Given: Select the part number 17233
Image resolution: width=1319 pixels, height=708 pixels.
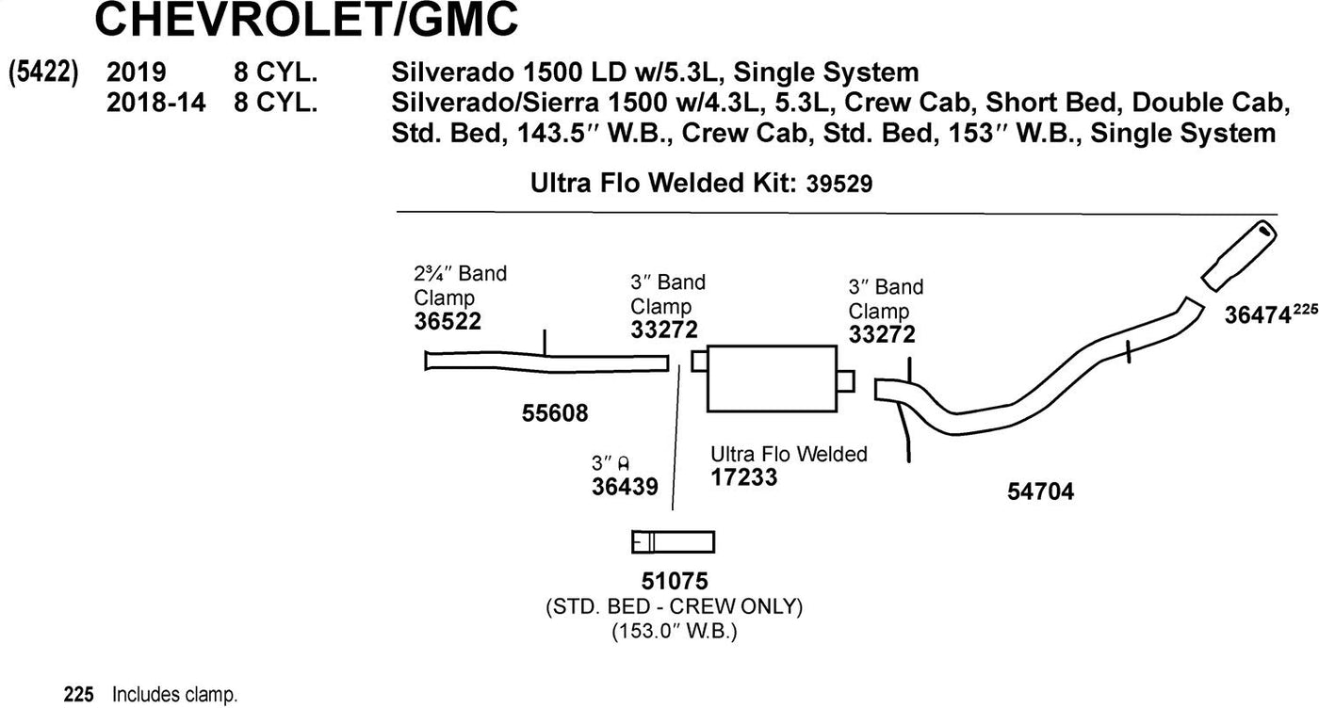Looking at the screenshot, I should click(744, 477).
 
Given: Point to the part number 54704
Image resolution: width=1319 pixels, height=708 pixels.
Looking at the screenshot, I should click(1040, 491).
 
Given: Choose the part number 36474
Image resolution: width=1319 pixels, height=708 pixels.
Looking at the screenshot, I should click(1257, 317).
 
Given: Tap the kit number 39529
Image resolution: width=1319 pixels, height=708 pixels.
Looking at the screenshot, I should click(839, 185).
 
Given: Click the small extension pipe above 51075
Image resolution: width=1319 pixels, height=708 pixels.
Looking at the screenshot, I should click(673, 542).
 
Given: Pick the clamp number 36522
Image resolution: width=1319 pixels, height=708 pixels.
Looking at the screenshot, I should click(448, 322).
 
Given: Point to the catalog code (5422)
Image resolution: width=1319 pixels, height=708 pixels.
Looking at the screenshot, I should click(42, 73).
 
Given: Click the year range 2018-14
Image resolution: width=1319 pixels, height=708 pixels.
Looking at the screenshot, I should click(156, 103).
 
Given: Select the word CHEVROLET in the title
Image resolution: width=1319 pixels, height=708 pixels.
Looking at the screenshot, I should click(240, 21).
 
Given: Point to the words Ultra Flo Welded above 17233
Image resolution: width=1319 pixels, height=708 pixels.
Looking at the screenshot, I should click(789, 454).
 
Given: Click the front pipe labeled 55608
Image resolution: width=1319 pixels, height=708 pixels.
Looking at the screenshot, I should click(546, 361).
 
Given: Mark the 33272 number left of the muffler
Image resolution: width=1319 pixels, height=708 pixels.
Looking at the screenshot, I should click(664, 330).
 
